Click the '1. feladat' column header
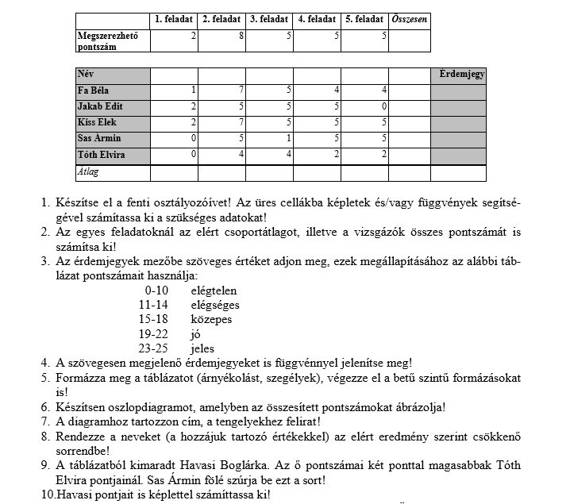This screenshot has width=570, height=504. click(173, 19)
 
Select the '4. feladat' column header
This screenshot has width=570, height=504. click(316, 19)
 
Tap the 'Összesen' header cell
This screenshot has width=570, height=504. click(409, 19)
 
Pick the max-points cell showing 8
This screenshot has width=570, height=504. click(221, 37)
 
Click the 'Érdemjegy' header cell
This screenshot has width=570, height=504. click(461, 75)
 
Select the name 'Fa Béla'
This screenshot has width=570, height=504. click(94, 90)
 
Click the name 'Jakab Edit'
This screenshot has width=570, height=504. click(100, 106)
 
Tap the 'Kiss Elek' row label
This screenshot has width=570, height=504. click(98, 123)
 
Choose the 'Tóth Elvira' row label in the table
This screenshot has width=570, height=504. click(101, 155)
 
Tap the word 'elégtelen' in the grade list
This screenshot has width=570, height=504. click(214, 290)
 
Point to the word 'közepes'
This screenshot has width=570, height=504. click(211, 319)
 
